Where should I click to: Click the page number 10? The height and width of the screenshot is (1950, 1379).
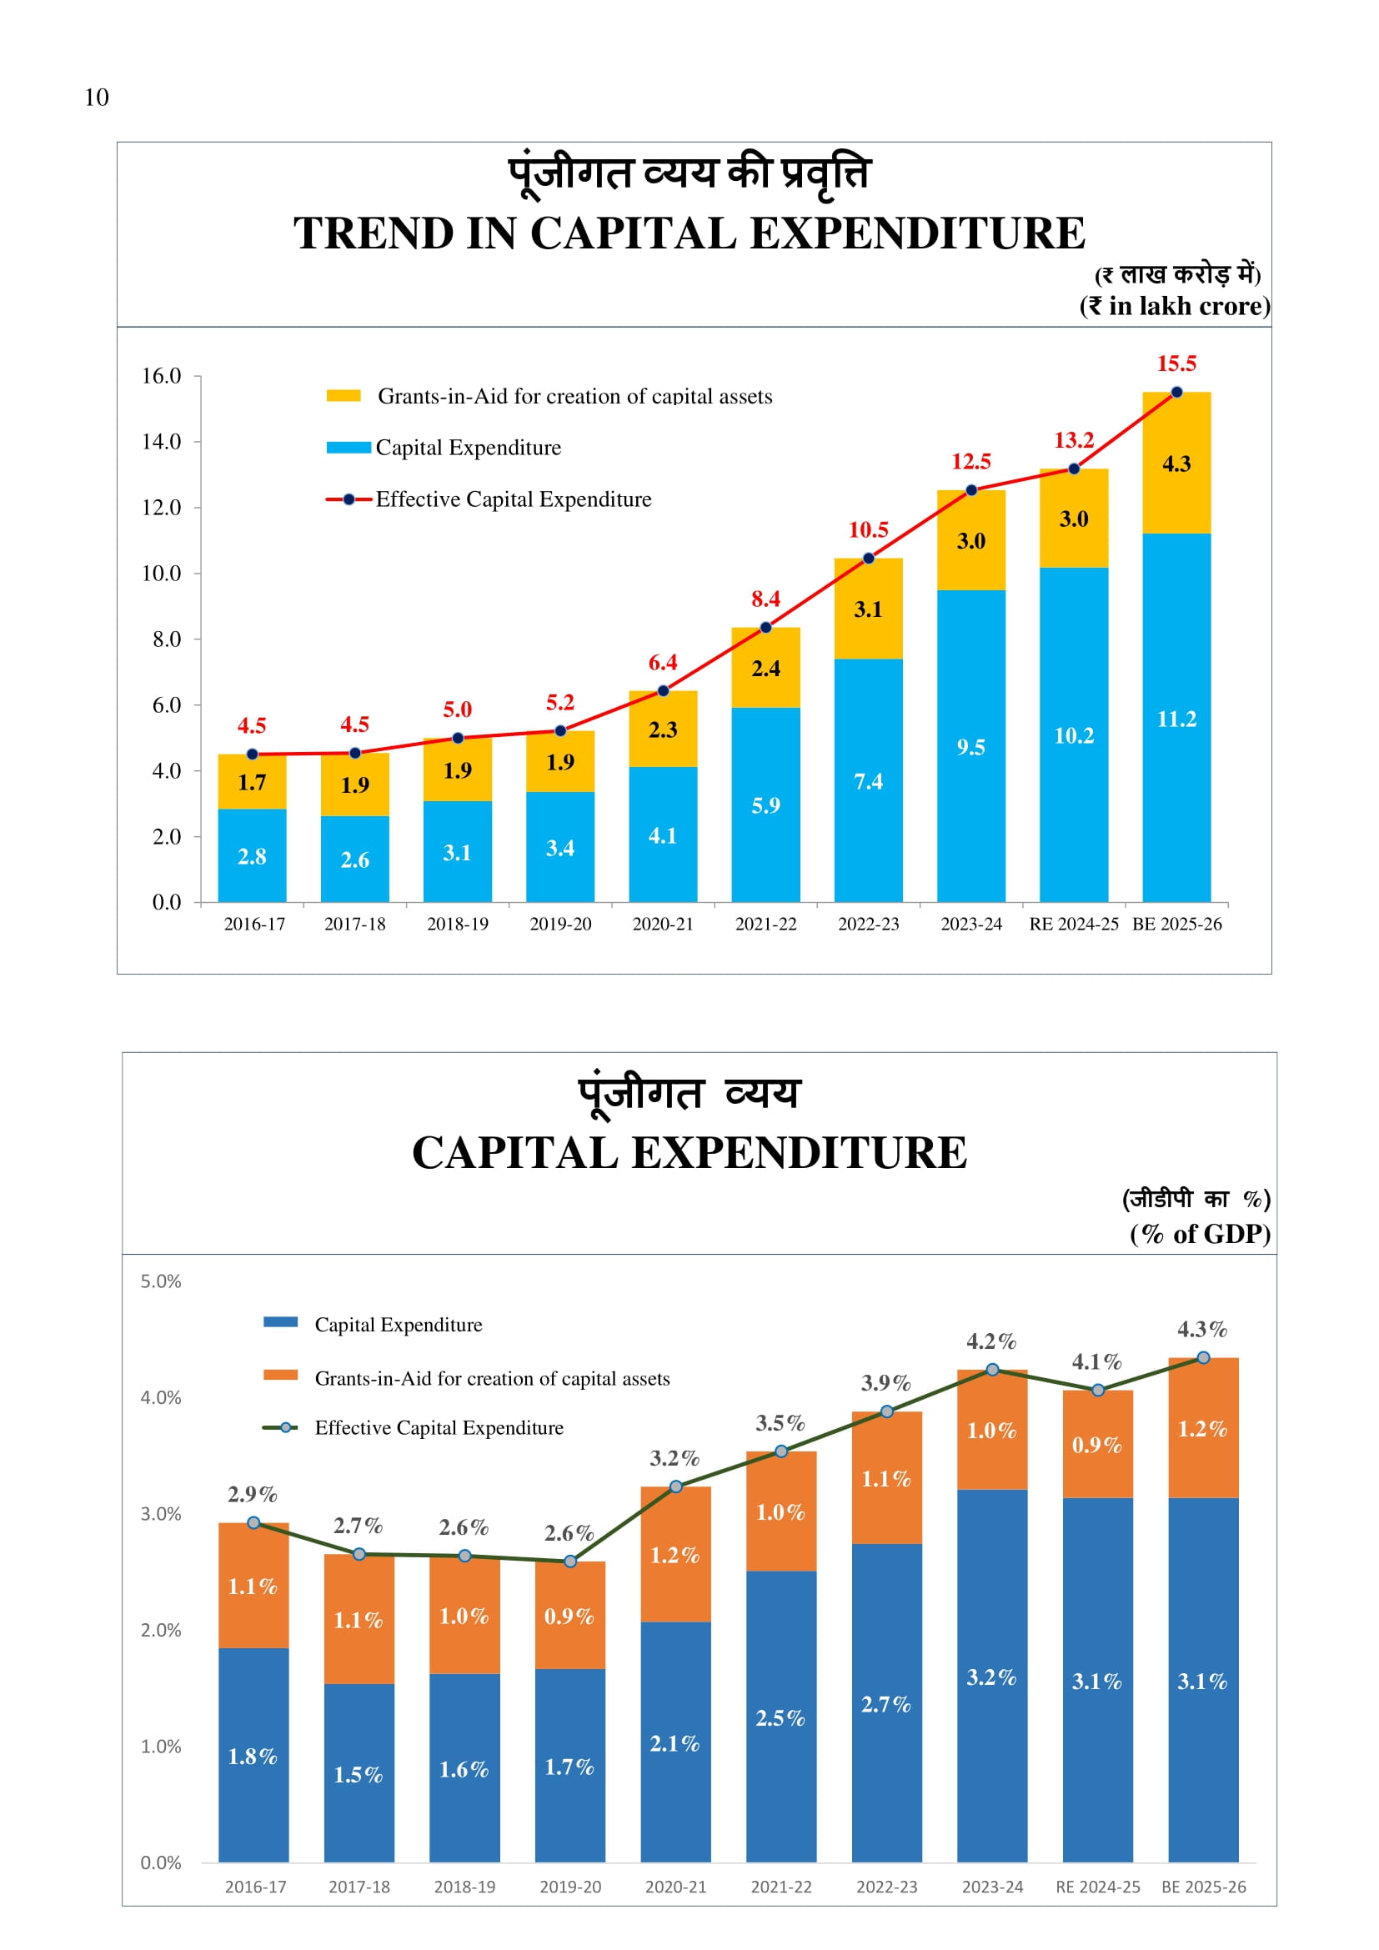tap(97, 98)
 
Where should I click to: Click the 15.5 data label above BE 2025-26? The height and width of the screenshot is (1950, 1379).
tap(1176, 363)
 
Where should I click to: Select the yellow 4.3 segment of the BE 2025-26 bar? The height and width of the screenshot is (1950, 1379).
tap(1176, 464)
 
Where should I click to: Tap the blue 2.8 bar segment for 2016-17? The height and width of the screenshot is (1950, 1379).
tap(252, 856)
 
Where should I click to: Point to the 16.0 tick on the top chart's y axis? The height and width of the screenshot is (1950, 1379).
tap(162, 375)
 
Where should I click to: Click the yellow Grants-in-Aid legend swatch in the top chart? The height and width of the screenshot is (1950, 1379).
tap(343, 396)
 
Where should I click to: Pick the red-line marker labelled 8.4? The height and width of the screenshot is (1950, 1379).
tap(766, 628)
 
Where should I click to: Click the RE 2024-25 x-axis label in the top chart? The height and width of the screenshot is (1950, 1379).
tap(1073, 924)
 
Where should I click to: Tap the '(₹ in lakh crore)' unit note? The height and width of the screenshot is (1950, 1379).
tap(1175, 306)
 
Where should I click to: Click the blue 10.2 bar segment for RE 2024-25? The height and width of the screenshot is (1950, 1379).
tap(1073, 735)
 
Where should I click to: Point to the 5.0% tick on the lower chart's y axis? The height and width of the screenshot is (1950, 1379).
tap(162, 1281)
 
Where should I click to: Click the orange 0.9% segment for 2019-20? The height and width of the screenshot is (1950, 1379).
tap(569, 1616)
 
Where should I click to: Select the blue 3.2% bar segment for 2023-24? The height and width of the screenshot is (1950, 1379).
tap(992, 1677)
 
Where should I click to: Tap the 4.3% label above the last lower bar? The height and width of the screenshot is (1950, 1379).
tap(1202, 1329)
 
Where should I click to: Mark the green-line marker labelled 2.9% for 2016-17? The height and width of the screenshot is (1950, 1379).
tap(254, 1523)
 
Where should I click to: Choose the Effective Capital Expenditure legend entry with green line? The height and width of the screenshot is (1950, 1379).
tap(439, 1427)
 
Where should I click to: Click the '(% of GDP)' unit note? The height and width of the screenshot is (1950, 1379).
tap(1200, 1234)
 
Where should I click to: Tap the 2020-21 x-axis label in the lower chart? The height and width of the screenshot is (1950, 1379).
tap(676, 1887)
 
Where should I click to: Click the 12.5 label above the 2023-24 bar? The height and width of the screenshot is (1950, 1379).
tap(970, 461)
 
